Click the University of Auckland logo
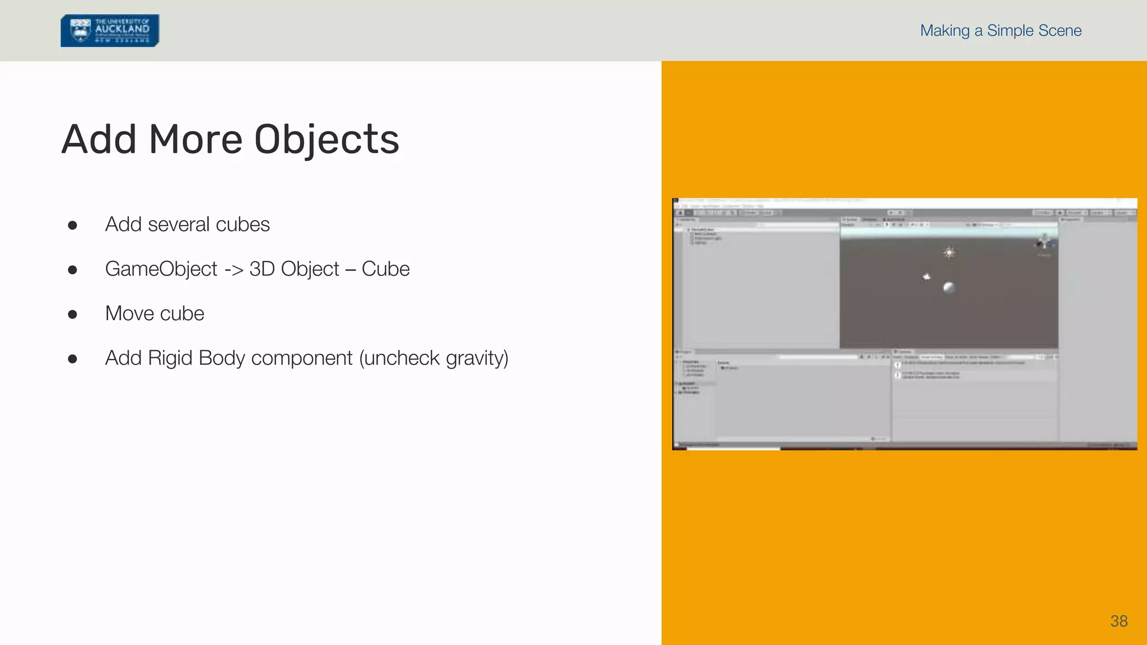pyautogui.click(x=110, y=30)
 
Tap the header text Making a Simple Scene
pyautogui.click(x=1000, y=31)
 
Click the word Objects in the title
pyautogui.click(x=327, y=139)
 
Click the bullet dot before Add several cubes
pyautogui.click(x=72, y=226)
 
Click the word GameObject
pyautogui.click(x=161, y=269)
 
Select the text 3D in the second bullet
pyautogui.click(x=262, y=269)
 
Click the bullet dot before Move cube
pyautogui.click(x=72, y=315)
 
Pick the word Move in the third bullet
pyautogui.click(x=129, y=314)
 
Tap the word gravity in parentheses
pyautogui.click(x=476, y=358)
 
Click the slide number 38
pyautogui.click(x=1118, y=621)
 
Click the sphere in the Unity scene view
pyautogui.click(x=949, y=288)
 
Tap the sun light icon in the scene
pyautogui.click(x=949, y=253)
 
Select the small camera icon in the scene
pyautogui.click(x=927, y=277)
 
